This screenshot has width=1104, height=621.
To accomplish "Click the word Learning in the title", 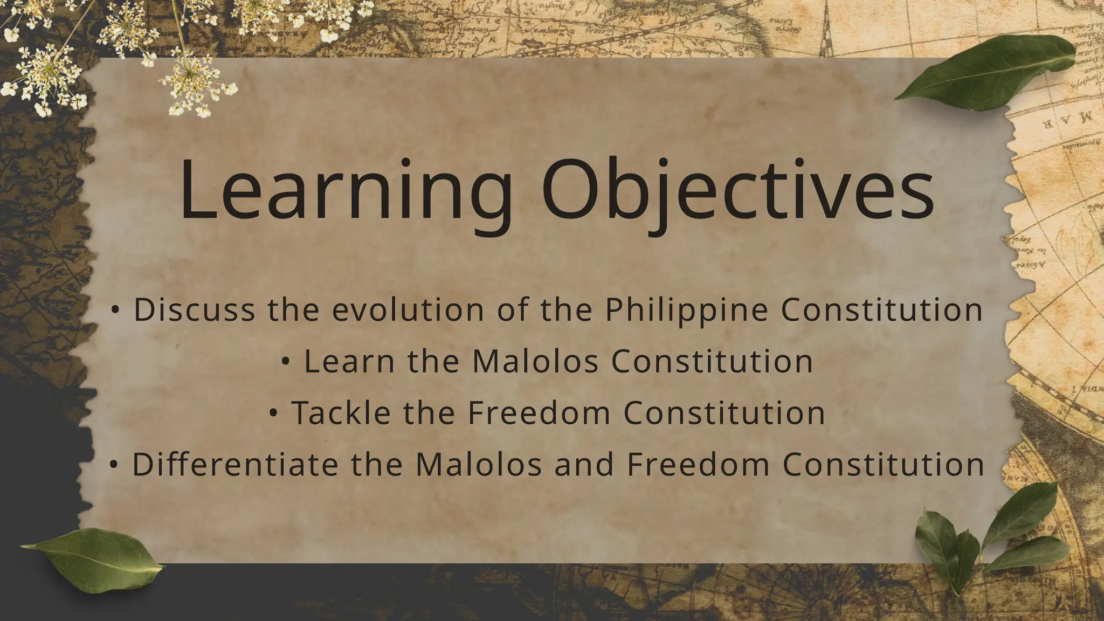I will (345, 191).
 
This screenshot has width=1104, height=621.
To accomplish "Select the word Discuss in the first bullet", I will (194, 310).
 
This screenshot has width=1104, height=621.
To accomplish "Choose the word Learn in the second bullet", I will (349, 361).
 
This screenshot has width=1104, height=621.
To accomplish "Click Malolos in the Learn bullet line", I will (535, 361).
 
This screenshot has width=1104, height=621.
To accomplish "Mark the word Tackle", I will (341, 413).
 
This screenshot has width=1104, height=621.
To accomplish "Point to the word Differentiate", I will (234, 464).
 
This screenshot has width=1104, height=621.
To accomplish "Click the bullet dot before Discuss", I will (115, 310).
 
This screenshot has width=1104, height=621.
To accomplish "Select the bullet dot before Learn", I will (286, 362).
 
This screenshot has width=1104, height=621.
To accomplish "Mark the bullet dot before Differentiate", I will (113, 465).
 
